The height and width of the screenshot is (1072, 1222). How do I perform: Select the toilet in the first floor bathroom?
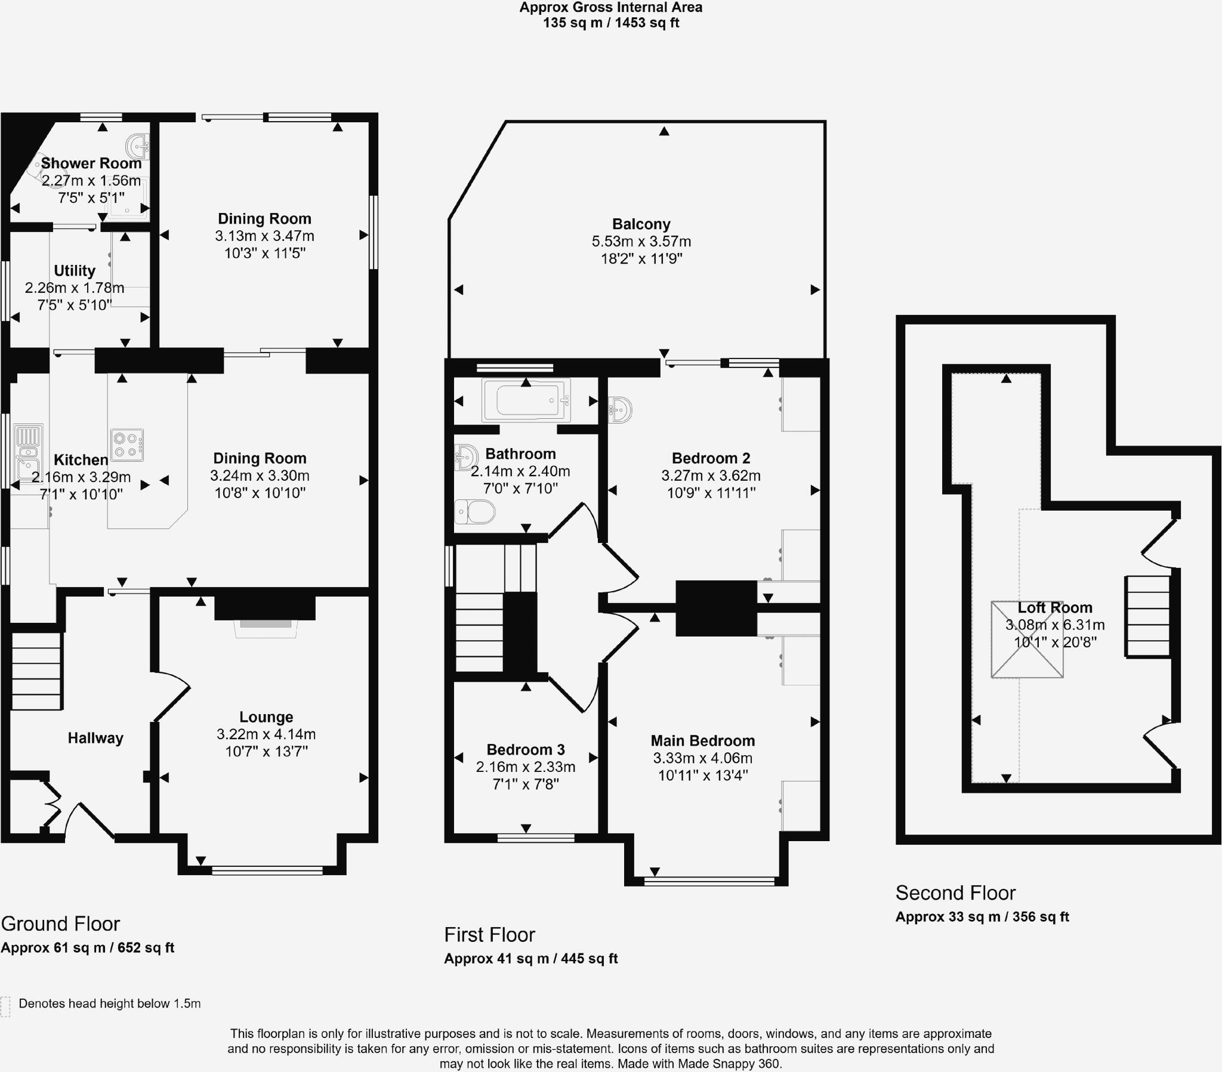(x=476, y=512)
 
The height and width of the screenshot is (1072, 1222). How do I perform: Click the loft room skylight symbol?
(x=1027, y=639)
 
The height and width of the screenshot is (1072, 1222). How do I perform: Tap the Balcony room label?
(x=641, y=224)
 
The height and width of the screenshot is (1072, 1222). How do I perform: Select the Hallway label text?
(x=95, y=738)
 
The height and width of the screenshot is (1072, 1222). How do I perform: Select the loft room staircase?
(x=1148, y=616)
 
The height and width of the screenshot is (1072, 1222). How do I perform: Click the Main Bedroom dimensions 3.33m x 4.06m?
(x=702, y=758)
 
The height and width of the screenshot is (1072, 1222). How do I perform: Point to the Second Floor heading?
(x=955, y=892)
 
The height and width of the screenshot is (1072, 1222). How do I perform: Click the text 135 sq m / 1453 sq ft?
(x=610, y=23)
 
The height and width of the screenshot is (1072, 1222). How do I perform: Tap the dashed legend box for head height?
(x=5, y=1006)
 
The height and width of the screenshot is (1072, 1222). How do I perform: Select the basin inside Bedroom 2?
(x=619, y=410)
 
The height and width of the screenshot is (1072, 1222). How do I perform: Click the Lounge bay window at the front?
(x=267, y=870)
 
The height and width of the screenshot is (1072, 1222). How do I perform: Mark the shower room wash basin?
(x=137, y=146)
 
